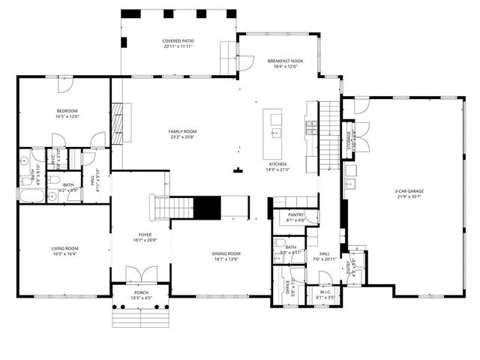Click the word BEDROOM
67,110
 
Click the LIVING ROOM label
67,248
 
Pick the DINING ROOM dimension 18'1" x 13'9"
226,259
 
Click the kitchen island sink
275,134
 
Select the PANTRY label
295,214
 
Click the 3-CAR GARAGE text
409,191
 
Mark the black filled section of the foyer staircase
207,206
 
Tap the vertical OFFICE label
288,289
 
